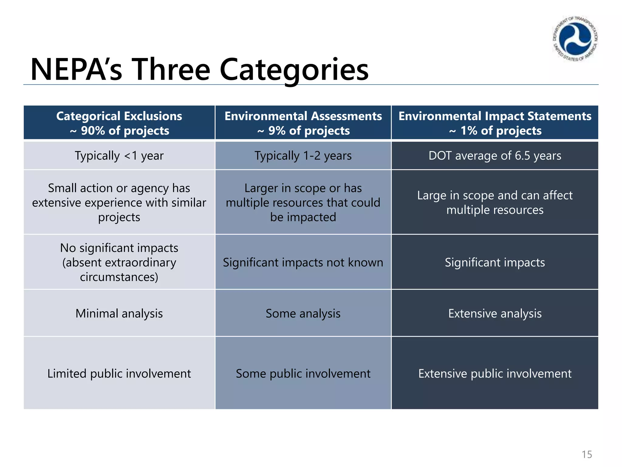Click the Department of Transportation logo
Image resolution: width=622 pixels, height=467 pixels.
575,39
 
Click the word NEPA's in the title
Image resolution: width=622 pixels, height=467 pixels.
76,70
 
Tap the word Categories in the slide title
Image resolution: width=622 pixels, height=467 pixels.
294,70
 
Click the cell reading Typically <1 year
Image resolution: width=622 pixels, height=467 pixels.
119,156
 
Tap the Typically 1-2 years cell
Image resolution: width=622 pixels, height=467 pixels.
303,156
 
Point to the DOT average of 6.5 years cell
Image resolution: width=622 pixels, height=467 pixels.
495,156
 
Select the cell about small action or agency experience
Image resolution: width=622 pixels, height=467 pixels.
119,202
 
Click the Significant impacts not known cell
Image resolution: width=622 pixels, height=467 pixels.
303,262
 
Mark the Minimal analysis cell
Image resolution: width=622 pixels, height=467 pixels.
119,313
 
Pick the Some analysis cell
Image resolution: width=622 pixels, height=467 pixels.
303,313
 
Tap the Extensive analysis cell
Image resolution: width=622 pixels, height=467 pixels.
495,313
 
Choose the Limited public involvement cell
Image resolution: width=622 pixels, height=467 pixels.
119,373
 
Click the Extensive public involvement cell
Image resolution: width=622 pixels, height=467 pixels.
495,373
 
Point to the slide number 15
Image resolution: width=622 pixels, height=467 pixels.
587,454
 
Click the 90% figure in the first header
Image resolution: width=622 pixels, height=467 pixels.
93,131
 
